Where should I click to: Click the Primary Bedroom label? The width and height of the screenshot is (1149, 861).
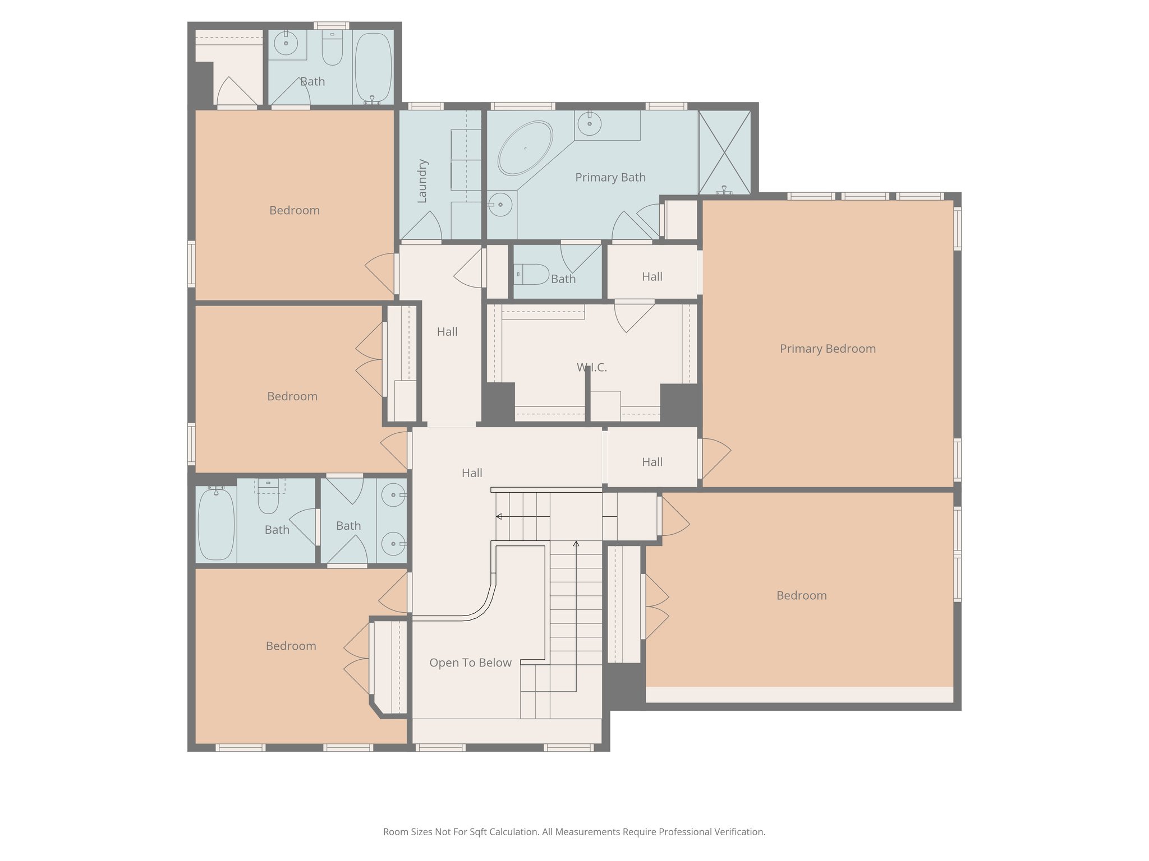click(828, 349)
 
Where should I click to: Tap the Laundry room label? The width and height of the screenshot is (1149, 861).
click(422, 181)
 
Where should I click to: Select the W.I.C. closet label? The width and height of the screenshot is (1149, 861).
click(592, 367)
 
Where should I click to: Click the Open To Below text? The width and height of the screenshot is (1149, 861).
click(470, 663)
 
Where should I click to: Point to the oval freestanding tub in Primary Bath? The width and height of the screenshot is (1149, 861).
click(525, 148)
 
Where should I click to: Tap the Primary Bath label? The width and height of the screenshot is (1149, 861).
click(610, 177)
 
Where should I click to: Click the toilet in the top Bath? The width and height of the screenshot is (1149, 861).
click(332, 49)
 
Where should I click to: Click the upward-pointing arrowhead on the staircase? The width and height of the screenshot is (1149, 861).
click(576, 543)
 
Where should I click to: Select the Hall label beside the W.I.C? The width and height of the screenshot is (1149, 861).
click(447, 332)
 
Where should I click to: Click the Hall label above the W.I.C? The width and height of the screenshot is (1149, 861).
click(652, 276)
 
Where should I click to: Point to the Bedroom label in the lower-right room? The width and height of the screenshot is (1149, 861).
click(801, 595)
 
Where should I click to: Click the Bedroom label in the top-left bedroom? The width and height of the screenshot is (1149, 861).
click(294, 210)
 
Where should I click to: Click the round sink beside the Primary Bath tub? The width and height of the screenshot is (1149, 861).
click(500, 204)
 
